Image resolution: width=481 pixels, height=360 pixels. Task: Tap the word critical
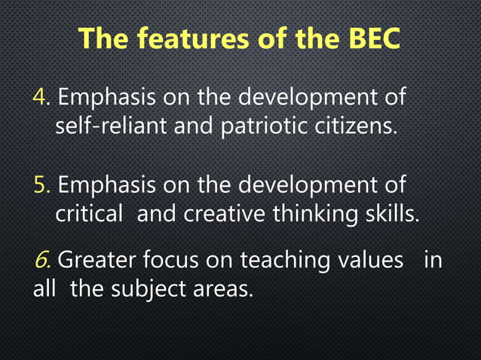tap(88, 214)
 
